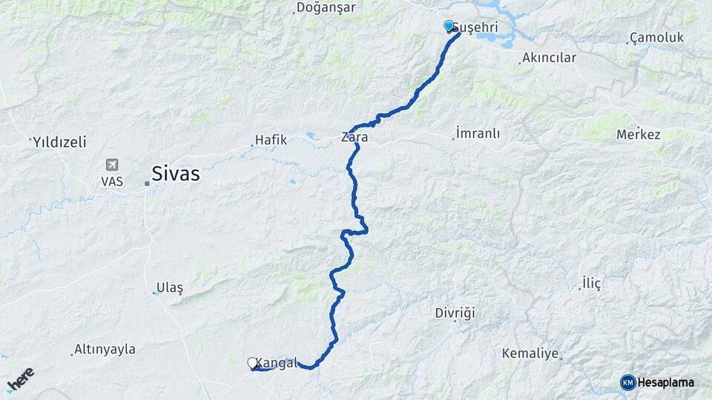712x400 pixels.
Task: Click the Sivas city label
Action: coord(176,174)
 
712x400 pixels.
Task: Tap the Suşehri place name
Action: coord(475,27)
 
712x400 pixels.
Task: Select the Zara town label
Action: coord(355,137)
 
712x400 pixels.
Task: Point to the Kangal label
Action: coord(277,363)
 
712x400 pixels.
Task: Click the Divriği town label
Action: coord(455,313)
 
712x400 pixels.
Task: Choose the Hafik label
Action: coord(271,139)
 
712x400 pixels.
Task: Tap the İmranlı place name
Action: coord(478,134)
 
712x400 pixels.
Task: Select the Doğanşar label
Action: coord(326,7)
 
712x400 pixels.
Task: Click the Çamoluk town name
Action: coord(655,37)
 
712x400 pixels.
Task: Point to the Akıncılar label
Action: coord(549,57)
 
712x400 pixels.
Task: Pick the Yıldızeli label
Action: coord(59,141)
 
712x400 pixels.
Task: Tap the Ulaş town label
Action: coord(170,287)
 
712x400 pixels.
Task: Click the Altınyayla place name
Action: coord(105,349)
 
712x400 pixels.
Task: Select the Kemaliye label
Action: coord(530,353)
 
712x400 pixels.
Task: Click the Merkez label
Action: coord(639,135)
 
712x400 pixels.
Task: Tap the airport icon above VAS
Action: coord(111,164)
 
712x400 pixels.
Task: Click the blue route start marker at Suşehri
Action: coord(449,27)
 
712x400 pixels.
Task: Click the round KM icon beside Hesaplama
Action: coord(628,382)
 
